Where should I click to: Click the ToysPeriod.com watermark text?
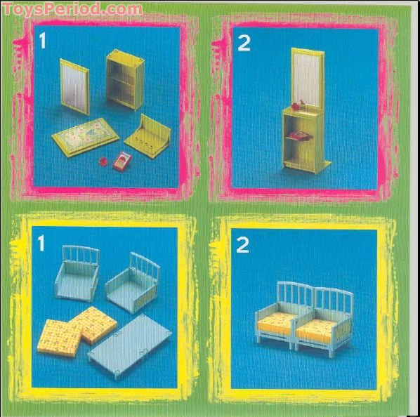coord(72,8)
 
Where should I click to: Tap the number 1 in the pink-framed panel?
coord(43,41)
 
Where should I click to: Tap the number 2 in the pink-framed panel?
coord(244,43)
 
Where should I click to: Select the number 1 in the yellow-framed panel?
coord(41,244)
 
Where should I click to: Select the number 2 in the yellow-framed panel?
coord(243,245)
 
